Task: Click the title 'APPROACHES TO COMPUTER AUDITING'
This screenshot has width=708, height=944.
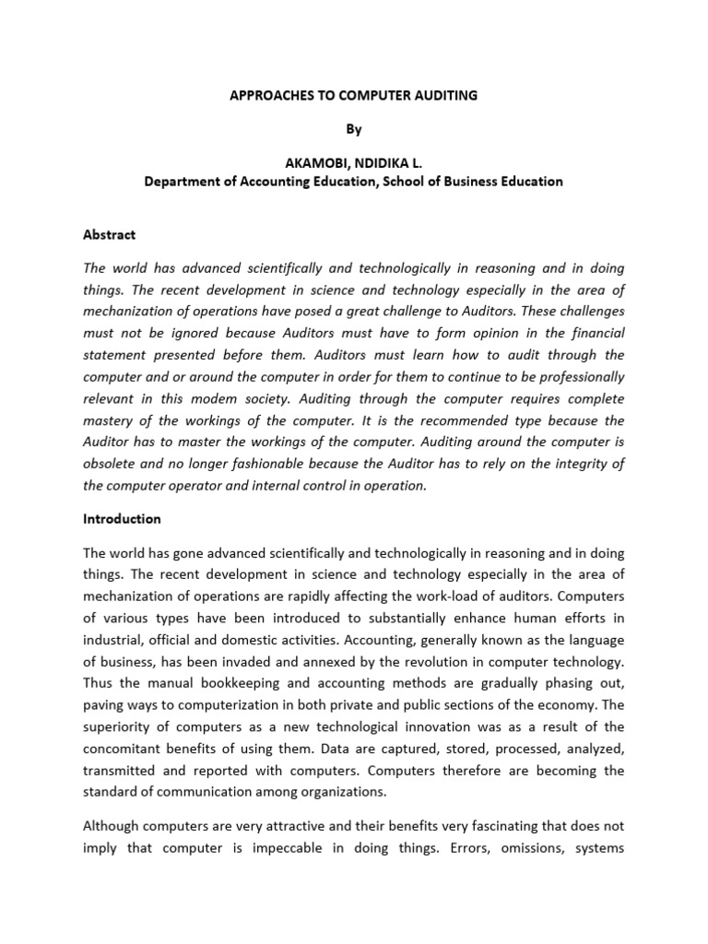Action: pyautogui.click(x=353, y=96)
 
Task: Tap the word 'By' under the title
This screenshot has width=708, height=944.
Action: pyautogui.click(x=353, y=129)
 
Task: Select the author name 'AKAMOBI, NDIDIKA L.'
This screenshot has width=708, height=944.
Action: pyautogui.click(x=353, y=163)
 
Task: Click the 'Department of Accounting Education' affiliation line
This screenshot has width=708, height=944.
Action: pyautogui.click(x=353, y=182)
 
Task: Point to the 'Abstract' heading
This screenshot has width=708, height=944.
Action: pyautogui.click(x=109, y=234)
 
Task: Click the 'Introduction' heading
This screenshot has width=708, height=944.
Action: pyautogui.click(x=122, y=519)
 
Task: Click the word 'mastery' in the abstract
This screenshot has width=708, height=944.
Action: pyautogui.click(x=110, y=420)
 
